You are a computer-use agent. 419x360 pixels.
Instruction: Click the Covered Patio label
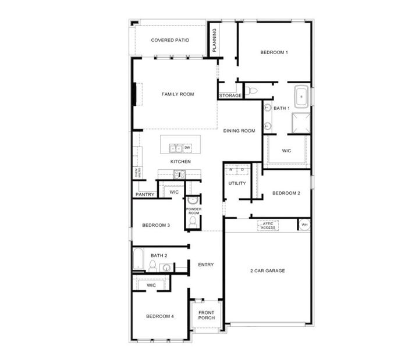[x=170, y=40]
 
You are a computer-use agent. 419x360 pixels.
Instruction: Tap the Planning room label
[x=214, y=41]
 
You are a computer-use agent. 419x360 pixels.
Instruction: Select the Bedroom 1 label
[x=274, y=53]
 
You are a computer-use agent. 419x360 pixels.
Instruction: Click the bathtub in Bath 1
[x=301, y=97]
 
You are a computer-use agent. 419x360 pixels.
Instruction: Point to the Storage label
[x=230, y=95]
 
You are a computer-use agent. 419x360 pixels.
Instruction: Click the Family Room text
[x=177, y=94]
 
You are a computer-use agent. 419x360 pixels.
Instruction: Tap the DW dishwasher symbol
[x=188, y=148]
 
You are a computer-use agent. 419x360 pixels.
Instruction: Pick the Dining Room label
[x=239, y=131]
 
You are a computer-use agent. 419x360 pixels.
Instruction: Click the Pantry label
[x=145, y=194]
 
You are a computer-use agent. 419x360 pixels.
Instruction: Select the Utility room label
[x=237, y=183]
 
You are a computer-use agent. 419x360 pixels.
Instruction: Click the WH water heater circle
[x=304, y=225]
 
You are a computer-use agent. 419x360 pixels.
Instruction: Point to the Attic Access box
[x=268, y=226]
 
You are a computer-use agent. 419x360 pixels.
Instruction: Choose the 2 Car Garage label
[x=267, y=270]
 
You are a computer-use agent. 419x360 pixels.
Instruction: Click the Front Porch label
[x=207, y=315]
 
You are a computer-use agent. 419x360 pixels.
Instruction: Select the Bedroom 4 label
[x=160, y=316]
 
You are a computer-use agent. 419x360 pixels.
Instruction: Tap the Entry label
[x=205, y=265]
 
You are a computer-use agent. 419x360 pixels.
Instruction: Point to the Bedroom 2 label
[x=286, y=193]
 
